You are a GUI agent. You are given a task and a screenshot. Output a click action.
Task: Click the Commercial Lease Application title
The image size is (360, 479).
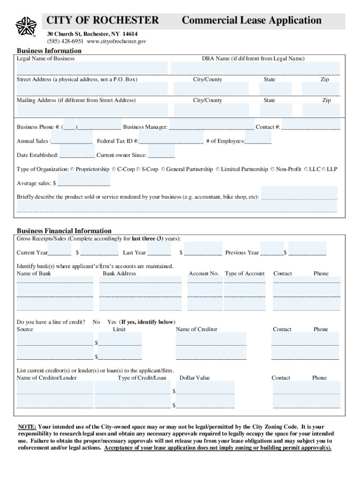(252, 21)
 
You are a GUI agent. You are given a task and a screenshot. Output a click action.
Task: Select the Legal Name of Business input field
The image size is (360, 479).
(92, 68)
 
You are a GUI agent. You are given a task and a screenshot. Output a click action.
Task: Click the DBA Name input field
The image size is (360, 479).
(255, 68)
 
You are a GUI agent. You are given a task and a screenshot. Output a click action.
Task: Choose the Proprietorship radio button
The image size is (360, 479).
(72, 169)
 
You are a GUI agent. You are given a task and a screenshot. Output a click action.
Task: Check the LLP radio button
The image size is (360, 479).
(324, 169)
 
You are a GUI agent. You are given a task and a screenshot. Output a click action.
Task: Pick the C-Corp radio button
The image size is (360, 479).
(114, 169)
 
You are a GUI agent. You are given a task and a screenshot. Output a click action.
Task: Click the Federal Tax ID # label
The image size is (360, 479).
(117, 141)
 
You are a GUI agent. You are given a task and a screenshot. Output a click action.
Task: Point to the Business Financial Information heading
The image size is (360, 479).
(64, 231)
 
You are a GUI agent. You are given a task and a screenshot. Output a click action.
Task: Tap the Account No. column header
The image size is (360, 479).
(204, 274)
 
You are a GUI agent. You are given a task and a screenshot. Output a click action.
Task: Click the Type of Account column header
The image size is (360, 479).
(245, 274)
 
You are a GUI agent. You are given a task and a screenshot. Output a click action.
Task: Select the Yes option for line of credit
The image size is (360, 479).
(112, 322)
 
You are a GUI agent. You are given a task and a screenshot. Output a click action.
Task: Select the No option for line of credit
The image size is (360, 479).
(96, 322)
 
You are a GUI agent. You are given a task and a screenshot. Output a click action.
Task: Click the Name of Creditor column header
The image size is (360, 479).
(196, 329)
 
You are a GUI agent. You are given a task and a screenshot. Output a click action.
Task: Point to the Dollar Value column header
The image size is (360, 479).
(194, 378)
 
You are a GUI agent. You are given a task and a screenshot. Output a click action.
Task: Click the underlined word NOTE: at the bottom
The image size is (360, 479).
(27, 427)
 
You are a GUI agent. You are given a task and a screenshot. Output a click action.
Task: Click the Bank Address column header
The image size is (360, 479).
(119, 274)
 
